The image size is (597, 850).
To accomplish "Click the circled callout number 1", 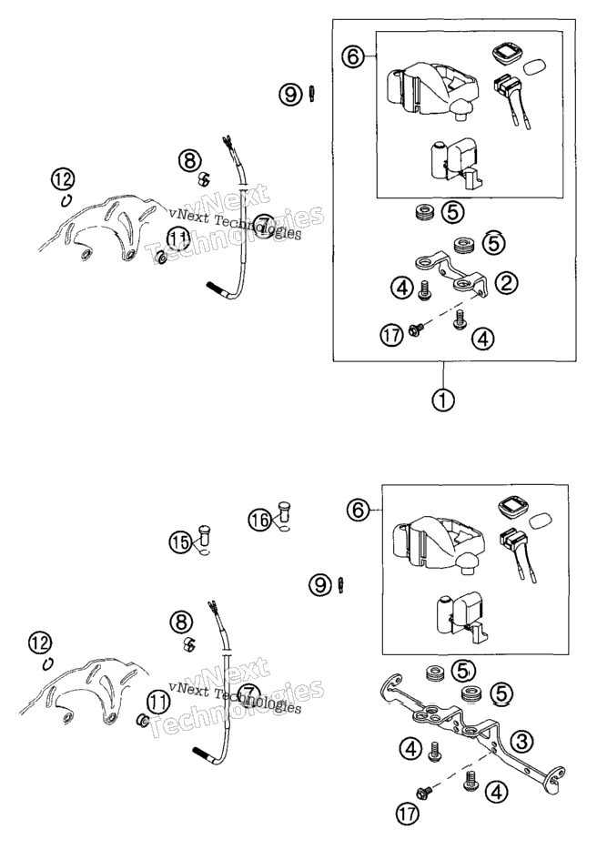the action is point(443,400).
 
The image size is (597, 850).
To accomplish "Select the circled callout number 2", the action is point(505,282).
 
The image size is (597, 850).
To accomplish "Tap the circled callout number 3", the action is point(521,741).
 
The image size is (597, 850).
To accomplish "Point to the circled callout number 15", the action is point(180,541).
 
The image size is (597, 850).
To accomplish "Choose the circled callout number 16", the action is point(261,520).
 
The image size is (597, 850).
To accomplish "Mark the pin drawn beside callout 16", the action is point(284,511).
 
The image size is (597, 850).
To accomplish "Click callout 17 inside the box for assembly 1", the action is point(391,335).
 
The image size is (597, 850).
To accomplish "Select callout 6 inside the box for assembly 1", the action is point(353,56).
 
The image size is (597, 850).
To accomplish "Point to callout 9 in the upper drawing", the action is point(290,95).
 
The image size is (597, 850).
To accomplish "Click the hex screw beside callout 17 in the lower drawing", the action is point(423,793).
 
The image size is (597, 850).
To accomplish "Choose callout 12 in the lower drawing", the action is point(39,643).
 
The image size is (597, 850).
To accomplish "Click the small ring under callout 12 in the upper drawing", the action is point(66,200).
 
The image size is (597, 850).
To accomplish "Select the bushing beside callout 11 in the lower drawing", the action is point(142,721).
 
